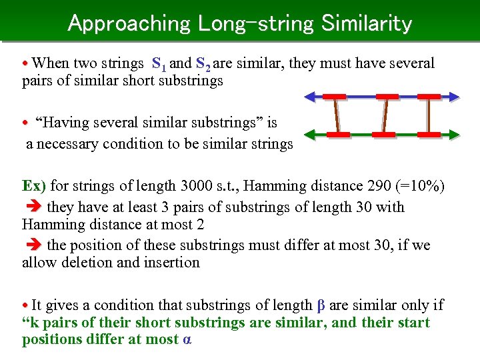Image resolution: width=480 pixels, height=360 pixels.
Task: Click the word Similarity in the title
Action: tap(366, 23)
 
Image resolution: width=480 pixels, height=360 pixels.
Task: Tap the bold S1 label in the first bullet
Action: tap(159, 65)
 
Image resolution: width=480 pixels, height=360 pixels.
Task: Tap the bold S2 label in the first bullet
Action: tap(203, 65)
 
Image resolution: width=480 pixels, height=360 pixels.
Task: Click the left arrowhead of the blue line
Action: tap(309, 97)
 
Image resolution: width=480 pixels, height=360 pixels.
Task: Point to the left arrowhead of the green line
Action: tap(308, 135)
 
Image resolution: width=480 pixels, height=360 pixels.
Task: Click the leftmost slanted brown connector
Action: tap(337, 115)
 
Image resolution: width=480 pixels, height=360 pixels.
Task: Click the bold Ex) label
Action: tap(34, 185)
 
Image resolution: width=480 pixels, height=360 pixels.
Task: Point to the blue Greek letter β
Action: tap(321, 306)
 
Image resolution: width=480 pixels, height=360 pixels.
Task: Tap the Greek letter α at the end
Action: tap(187, 340)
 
